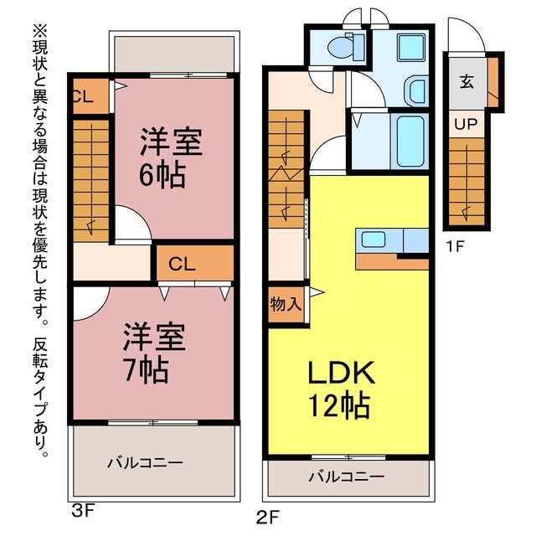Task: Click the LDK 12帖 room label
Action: tap(341, 390)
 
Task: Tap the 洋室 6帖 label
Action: tap(171, 158)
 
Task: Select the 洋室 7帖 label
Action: tap(154, 353)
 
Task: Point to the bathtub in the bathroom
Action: tap(410, 142)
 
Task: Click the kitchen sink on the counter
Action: tap(374, 239)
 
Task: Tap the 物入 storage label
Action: tap(286, 304)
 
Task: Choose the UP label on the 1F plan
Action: tap(466, 125)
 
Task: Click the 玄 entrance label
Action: tap(466, 82)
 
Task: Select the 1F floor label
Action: tap(455, 246)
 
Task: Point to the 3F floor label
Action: tap(82, 512)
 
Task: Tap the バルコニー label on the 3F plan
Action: tap(145, 463)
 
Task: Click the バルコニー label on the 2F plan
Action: tap(346, 477)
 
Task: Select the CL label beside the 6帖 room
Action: tap(83, 97)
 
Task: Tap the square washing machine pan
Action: tap(411, 47)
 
